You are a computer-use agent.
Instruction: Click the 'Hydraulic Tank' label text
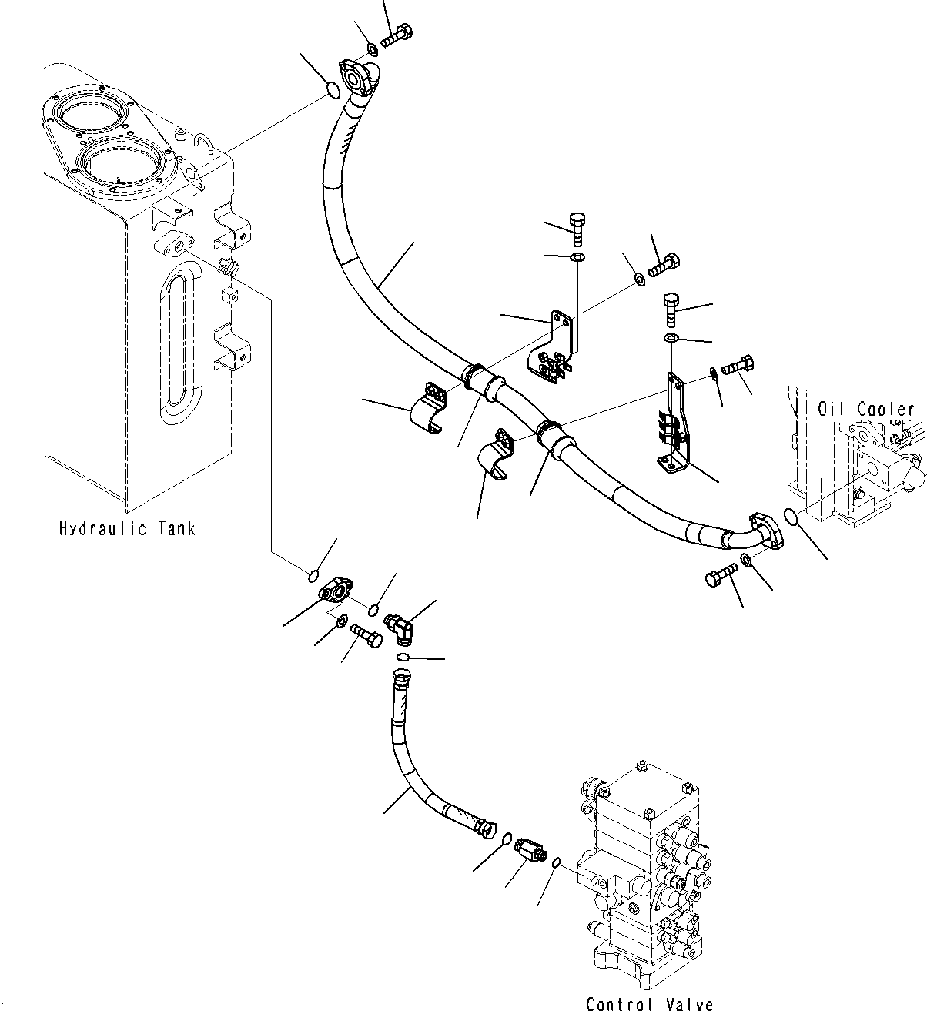[x=127, y=529]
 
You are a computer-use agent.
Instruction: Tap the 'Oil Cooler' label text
[x=865, y=410]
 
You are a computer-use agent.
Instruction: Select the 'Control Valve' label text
[x=649, y=1003]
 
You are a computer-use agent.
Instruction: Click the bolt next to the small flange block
[x=367, y=634]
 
